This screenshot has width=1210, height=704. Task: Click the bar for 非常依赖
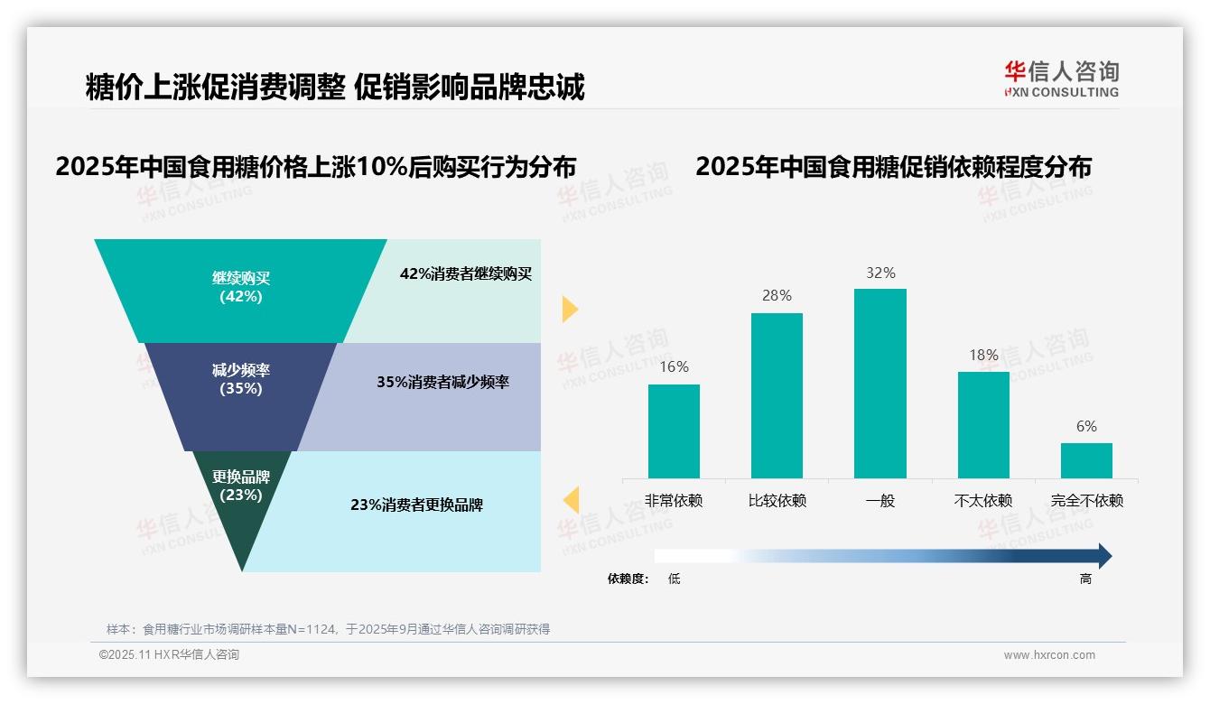tap(674, 431)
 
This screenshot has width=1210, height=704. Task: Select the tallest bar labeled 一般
tap(880, 383)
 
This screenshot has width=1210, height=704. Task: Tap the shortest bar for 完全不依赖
tap(1086, 460)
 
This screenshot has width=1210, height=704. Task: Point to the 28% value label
tap(777, 296)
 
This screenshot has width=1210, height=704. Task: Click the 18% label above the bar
tap(983, 355)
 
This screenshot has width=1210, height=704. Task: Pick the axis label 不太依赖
tap(983, 500)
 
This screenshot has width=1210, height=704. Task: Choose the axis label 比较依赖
tap(777, 500)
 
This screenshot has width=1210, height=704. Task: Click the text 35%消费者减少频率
tap(442, 382)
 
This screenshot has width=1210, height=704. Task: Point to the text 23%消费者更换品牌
tap(416, 505)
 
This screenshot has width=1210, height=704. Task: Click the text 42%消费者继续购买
tap(466, 274)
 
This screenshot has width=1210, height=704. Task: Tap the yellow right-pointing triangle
tap(569, 309)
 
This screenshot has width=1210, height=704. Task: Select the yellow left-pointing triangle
tap(571, 499)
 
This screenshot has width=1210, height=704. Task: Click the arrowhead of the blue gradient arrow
tap(1103, 556)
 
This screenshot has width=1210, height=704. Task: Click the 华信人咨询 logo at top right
tap(1061, 79)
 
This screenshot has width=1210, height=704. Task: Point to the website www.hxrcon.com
tap(1048, 655)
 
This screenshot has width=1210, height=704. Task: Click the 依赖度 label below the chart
tap(628, 579)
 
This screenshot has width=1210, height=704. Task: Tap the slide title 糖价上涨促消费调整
tap(215, 87)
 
